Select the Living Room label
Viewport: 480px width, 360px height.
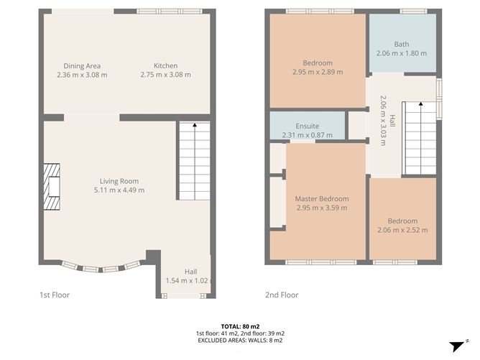click(119, 181)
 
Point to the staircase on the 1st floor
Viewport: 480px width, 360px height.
click(194, 161)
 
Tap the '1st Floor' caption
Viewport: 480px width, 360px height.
click(55, 295)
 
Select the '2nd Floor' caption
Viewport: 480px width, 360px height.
click(282, 295)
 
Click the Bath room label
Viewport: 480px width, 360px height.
click(401, 44)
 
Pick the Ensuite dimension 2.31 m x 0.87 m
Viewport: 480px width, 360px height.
click(307, 135)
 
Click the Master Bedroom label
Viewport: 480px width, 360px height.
click(321, 198)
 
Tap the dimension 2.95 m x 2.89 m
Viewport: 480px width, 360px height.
click(318, 72)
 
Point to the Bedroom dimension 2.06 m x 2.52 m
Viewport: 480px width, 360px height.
click(402, 230)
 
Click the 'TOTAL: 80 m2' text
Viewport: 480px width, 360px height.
click(240, 326)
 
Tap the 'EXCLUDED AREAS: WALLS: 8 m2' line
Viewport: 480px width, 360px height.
click(240, 341)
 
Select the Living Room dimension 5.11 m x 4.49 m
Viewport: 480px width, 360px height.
click(119, 190)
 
